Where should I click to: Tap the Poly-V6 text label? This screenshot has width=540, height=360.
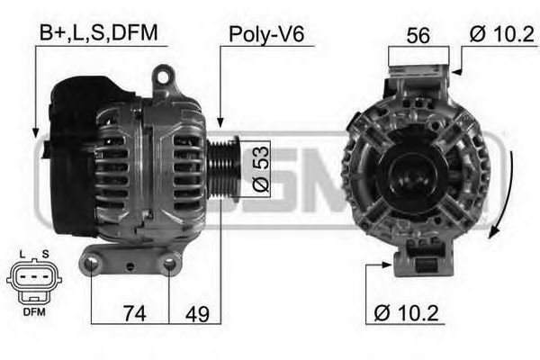[267, 34]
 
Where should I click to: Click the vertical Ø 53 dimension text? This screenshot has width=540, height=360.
[257, 167]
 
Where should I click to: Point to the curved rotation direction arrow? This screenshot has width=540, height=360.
[505, 193]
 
